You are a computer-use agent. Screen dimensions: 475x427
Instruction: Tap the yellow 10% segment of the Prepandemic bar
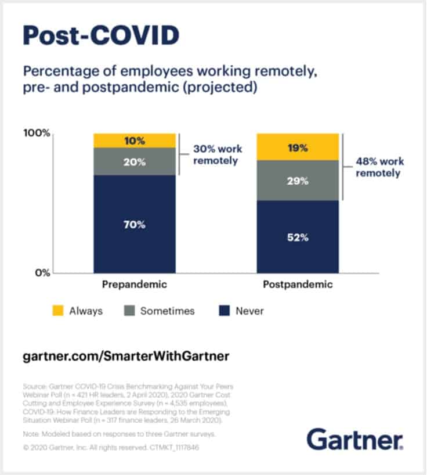click(x=135, y=141)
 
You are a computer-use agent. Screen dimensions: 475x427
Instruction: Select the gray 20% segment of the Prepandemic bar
click(x=135, y=161)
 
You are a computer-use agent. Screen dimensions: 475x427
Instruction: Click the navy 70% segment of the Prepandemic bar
click(x=135, y=224)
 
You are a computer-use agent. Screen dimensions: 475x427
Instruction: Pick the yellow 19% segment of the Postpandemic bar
click(x=297, y=147)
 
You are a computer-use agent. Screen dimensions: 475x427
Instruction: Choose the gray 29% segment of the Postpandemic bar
click(x=297, y=181)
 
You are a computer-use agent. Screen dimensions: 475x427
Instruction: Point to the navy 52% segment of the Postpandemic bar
click(x=297, y=237)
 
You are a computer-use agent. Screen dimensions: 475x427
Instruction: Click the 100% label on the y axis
click(x=35, y=134)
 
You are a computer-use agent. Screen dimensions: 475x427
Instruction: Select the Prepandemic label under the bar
click(x=134, y=285)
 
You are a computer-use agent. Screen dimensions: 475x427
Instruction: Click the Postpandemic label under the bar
click(x=298, y=285)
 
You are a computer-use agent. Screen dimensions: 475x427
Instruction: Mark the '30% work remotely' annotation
click(x=215, y=154)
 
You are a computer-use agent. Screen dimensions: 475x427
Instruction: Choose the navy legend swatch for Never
click(x=223, y=311)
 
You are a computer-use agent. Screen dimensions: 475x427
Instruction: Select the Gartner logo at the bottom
click(x=355, y=439)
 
